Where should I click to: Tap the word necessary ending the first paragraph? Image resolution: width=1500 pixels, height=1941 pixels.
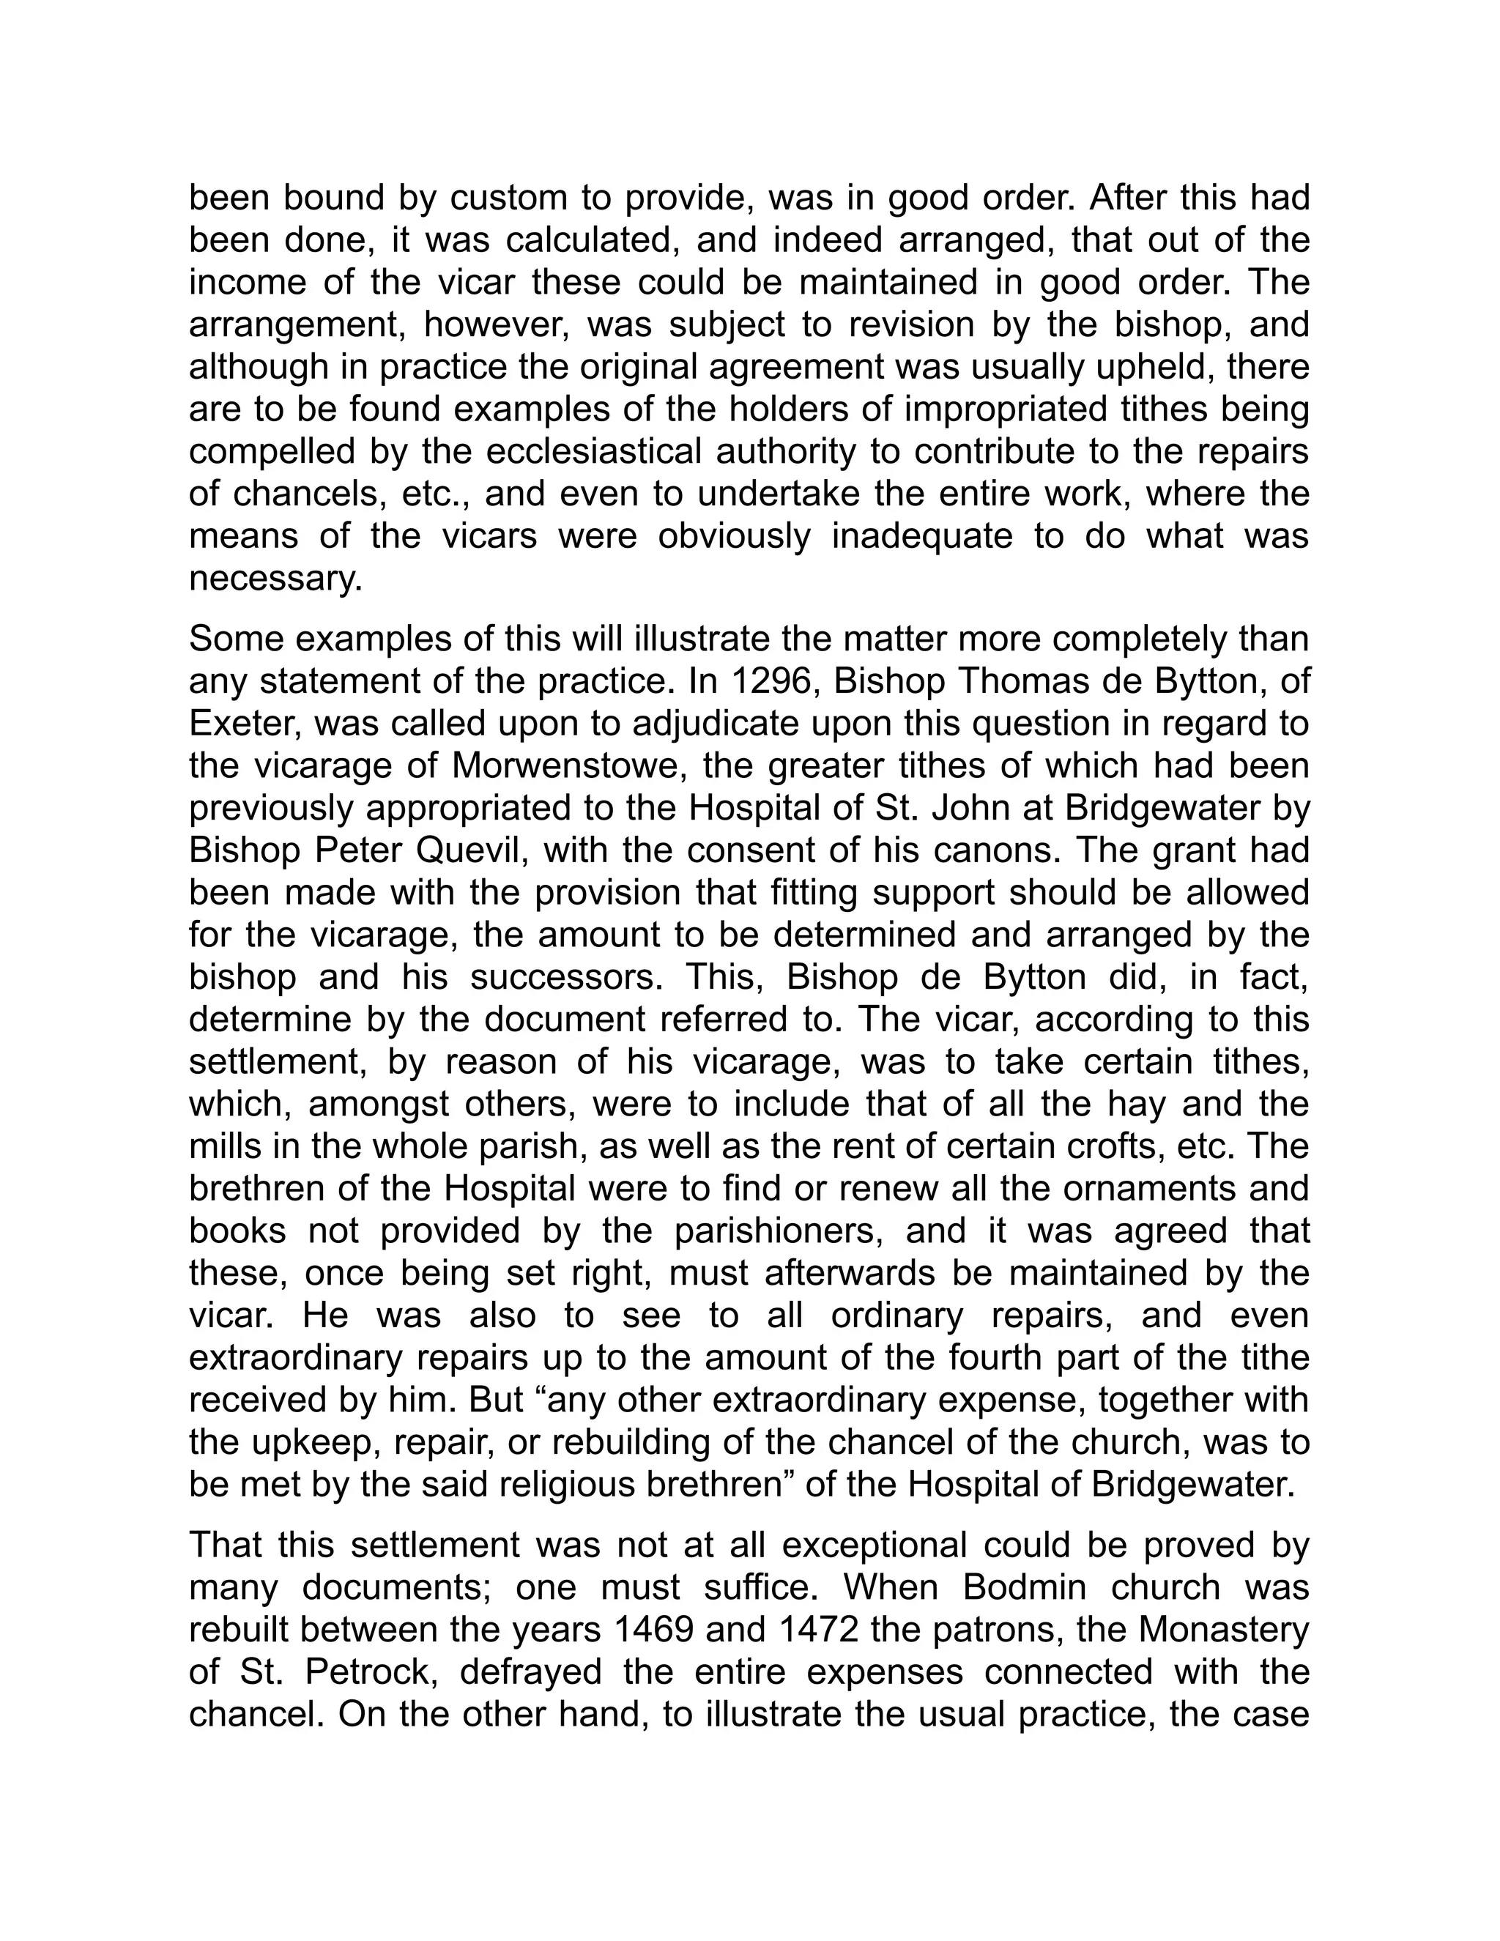click(x=276, y=580)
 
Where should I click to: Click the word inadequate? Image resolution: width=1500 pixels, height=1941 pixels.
click(x=922, y=538)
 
